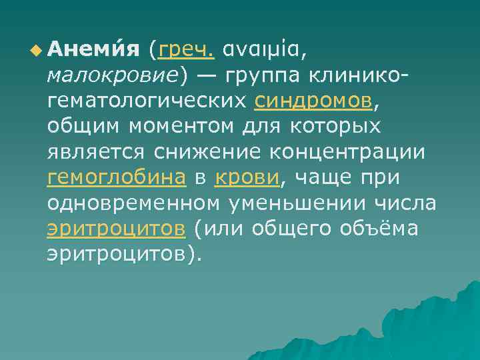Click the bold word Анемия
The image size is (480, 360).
point(93,49)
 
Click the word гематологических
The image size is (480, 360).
point(148,101)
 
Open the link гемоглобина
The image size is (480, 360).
point(117,178)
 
